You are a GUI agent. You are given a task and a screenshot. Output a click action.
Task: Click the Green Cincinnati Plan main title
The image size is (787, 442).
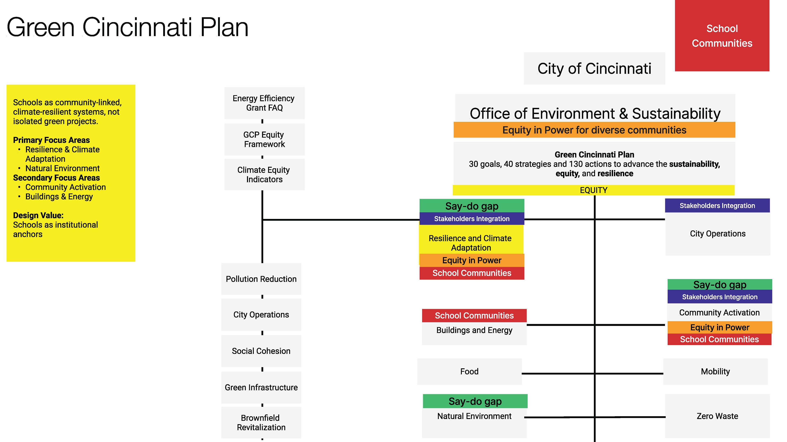click(127, 27)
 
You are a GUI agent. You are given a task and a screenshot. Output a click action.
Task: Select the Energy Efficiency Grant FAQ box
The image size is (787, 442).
click(264, 103)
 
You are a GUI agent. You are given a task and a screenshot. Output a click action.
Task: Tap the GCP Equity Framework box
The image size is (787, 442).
click(264, 139)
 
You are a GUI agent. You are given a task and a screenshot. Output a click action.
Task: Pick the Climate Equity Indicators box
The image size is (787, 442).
click(264, 175)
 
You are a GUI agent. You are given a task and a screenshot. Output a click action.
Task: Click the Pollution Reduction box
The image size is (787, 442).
click(261, 279)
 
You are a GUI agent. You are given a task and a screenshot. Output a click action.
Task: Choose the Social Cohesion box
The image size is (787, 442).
click(261, 351)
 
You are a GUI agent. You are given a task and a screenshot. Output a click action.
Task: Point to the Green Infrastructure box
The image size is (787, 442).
click(261, 387)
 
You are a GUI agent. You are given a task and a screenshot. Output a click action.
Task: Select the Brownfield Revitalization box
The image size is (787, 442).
click(261, 423)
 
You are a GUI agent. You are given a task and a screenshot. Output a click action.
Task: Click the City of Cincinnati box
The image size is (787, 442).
click(594, 68)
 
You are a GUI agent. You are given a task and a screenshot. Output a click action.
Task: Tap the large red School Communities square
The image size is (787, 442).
click(722, 36)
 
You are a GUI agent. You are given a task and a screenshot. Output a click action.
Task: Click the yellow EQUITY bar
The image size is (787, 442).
click(594, 190)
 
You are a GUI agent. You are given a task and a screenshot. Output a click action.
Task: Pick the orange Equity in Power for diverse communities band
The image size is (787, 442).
click(594, 130)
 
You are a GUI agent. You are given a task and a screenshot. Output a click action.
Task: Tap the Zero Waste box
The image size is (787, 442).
click(717, 416)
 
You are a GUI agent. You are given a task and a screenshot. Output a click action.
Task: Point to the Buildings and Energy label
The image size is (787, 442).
click(474, 330)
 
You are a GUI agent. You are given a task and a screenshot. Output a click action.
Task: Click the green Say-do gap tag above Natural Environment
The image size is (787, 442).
click(475, 401)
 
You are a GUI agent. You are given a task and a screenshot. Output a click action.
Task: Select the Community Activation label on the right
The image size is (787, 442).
click(720, 312)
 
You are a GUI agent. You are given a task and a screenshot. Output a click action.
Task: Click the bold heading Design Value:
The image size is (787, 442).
click(38, 215)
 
